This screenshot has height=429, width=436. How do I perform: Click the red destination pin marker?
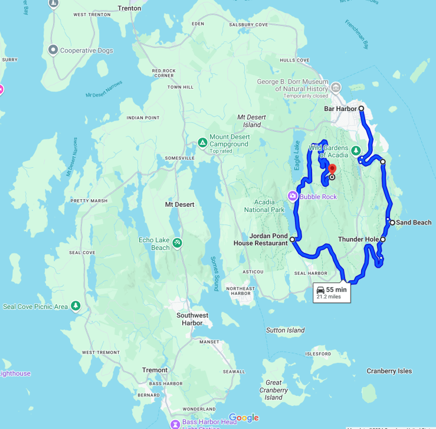click(331, 168)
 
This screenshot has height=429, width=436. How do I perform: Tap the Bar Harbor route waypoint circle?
click(361, 109)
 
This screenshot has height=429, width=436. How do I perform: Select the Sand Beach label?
click(414, 223)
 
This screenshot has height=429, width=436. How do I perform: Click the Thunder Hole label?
click(358, 239)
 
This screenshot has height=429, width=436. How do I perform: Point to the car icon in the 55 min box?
click(320, 290)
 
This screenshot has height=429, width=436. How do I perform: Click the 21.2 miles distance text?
click(329, 297)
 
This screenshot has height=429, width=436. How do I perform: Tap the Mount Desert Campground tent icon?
click(202, 142)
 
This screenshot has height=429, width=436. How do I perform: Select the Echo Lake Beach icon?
click(177, 242)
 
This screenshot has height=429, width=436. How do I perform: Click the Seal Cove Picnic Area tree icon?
click(76, 305)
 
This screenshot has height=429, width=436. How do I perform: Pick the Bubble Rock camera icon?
click(292, 196)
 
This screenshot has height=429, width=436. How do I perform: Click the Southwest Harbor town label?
click(192, 319)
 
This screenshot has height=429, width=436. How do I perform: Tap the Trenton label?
click(129, 8)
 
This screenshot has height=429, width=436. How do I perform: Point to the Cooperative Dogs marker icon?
click(53, 50)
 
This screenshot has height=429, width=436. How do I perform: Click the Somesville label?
click(180, 158)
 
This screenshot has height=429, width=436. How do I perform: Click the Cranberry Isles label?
click(389, 371)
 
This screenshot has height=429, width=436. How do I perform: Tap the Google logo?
click(244, 418)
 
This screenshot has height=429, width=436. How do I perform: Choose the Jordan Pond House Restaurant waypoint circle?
click(293, 240)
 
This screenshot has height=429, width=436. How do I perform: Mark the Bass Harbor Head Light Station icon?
click(175, 424)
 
